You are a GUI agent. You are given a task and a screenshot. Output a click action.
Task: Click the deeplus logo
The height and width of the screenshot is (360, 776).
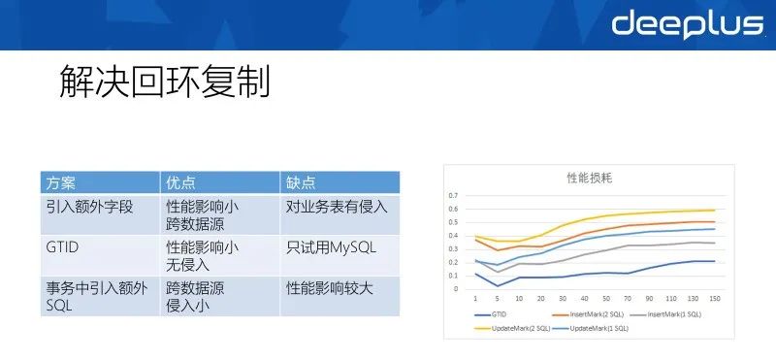click(x=687, y=24)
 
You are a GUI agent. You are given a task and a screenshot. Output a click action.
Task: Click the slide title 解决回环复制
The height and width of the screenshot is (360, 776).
click(x=159, y=82)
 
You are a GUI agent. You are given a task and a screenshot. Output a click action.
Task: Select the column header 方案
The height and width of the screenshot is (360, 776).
click(x=61, y=182)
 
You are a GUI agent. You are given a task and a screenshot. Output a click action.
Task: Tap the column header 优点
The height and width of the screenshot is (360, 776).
click(x=180, y=182)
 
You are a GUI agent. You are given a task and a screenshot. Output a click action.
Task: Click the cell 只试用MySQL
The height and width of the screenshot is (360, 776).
click(x=331, y=247)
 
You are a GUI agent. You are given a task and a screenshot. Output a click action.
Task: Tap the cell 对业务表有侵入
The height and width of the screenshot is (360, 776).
click(x=337, y=207)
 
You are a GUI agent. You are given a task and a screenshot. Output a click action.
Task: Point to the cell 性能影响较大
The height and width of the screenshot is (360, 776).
click(x=330, y=288)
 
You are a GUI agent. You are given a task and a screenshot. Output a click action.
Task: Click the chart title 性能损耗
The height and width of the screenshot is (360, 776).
click(x=589, y=179)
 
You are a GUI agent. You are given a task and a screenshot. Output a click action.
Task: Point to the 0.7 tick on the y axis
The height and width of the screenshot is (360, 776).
click(x=452, y=195)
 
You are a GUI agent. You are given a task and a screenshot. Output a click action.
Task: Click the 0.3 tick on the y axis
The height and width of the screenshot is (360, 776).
click(x=452, y=248)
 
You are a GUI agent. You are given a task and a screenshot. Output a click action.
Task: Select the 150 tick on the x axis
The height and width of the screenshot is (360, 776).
click(x=713, y=297)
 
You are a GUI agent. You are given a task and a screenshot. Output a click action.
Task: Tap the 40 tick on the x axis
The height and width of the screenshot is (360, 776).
click(x=585, y=297)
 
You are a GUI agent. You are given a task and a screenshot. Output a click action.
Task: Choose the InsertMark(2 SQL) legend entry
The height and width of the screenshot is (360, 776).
click(x=589, y=314)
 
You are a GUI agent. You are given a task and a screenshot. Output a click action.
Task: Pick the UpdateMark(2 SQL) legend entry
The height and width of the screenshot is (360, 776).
click(x=515, y=328)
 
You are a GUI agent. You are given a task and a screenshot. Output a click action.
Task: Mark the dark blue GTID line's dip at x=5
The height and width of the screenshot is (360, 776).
click(x=498, y=285)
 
